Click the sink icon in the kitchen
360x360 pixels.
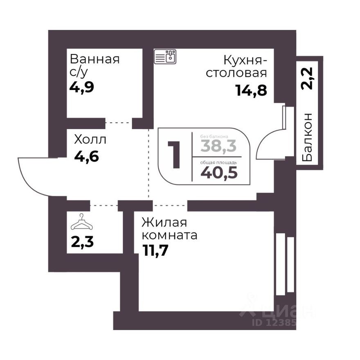click(165, 57)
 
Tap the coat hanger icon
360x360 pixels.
click(81, 223)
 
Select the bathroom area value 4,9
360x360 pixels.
click(82, 87)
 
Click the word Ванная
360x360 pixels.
click(94, 59)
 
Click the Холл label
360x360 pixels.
click(90, 139)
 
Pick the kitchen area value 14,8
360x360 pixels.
click(251, 90)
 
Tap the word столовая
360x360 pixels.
click(236, 73)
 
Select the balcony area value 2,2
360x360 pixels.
click(309, 78)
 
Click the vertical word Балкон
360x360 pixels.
click(309, 137)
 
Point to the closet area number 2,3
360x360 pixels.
click(82, 242)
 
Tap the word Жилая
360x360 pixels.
click(164, 223)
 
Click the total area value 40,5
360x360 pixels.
click(219, 172)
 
